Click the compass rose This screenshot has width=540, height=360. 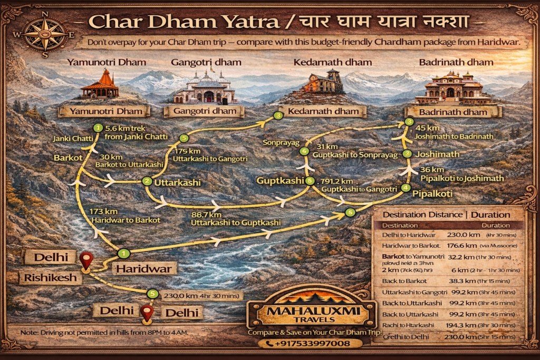(x=45, y=33)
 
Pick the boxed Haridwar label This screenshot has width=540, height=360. (x=144, y=268)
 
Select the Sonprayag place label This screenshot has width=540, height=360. (x=284, y=143)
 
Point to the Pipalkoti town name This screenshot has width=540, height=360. (x=432, y=194)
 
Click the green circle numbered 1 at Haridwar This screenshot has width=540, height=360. (x=123, y=253)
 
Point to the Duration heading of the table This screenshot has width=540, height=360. (x=490, y=215)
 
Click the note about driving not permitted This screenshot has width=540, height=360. (x=105, y=333)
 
